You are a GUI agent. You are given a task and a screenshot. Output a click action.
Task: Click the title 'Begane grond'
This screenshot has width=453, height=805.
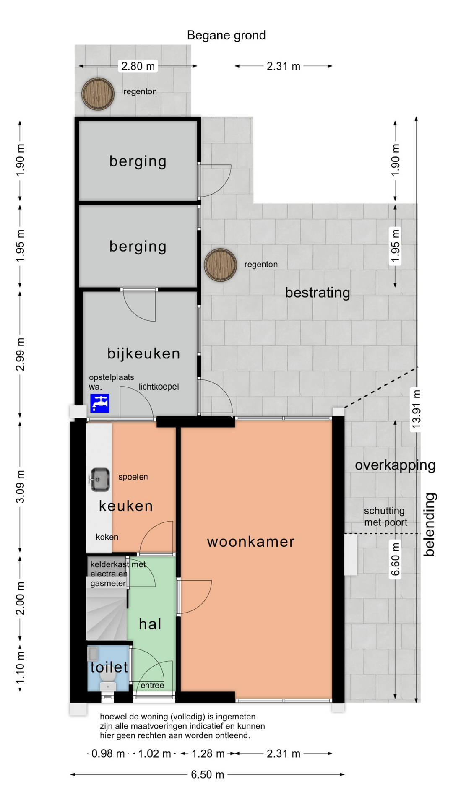(226, 35)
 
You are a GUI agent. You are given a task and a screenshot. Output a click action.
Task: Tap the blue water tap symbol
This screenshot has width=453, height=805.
(100, 403)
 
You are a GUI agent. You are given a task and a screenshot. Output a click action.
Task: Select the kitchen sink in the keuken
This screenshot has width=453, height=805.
(99, 479)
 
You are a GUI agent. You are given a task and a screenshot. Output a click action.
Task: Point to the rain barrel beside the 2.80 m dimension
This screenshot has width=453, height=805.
(98, 93)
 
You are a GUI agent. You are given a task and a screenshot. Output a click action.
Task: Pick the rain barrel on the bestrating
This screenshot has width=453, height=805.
(220, 265)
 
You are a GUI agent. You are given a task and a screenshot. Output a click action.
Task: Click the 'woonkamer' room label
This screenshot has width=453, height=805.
(251, 542)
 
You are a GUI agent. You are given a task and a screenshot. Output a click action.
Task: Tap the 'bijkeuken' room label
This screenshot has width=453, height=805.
(143, 353)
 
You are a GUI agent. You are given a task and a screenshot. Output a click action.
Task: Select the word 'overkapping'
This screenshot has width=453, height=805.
(395, 465)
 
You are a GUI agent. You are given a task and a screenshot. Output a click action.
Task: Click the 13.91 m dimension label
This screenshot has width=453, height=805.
(416, 409)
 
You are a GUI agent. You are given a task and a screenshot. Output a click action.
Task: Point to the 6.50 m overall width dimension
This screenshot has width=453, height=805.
(207, 774)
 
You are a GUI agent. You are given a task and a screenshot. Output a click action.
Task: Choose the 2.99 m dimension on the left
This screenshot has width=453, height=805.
(20, 354)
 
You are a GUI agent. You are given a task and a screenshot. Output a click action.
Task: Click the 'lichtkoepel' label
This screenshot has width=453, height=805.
(159, 386)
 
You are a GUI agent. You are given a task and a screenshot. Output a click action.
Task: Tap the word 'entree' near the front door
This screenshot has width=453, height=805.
(152, 685)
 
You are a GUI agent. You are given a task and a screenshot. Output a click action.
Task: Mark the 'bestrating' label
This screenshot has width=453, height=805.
(318, 293)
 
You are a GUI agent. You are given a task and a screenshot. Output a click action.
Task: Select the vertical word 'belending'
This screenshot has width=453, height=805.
(429, 525)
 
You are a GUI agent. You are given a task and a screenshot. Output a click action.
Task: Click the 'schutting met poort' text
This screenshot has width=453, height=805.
(385, 517)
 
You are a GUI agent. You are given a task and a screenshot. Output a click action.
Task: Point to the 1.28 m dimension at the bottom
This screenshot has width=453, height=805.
(208, 753)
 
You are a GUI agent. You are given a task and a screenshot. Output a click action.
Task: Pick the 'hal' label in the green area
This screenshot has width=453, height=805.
(150, 624)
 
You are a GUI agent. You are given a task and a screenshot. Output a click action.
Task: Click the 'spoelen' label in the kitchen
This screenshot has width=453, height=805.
(133, 477)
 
